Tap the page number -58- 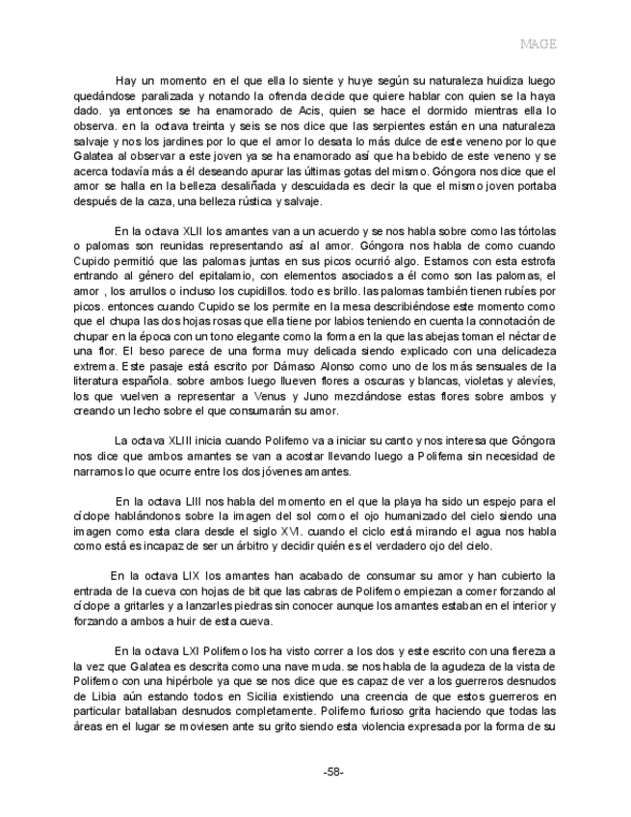tap(333, 772)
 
